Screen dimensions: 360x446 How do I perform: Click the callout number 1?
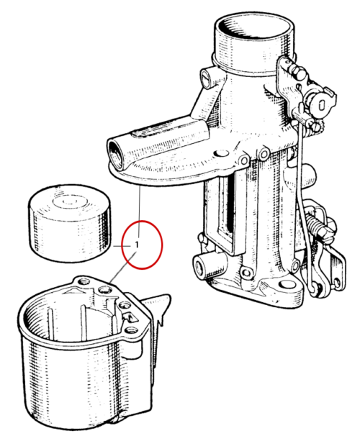(138, 245)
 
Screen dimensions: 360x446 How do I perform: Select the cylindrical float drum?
(69, 223)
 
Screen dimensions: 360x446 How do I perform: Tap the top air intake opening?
(254, 27)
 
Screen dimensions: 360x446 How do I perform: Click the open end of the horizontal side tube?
(116, 154)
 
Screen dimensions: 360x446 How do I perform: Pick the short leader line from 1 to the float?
(122, 246)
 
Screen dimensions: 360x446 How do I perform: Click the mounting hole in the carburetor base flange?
(287, 285)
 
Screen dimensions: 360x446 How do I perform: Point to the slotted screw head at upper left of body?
(207, 78)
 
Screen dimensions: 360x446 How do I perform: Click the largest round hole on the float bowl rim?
(104, 290)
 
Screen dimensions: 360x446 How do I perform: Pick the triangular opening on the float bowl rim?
(130, 317)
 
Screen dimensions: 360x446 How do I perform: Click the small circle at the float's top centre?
(67, 201)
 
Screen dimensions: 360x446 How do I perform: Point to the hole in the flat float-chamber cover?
(221, 154)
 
